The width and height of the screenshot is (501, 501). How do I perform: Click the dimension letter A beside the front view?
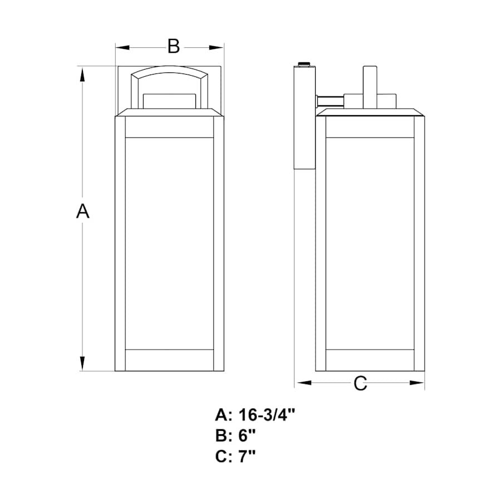tap(83, 211)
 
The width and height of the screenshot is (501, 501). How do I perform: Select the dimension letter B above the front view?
tap(174, 46)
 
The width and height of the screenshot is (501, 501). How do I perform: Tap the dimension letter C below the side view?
tap(360, 383)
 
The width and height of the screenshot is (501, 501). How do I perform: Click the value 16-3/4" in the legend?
tap(267, 415)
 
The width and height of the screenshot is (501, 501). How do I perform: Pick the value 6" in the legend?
tap(247, 435)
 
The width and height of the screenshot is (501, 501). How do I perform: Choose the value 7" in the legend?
tap(247, 455)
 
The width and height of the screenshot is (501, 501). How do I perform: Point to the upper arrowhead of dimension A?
tap(82, 75)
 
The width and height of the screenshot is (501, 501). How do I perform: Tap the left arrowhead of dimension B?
tap(122, 48)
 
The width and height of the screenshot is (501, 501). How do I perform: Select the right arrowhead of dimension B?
tap(217, 48)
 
